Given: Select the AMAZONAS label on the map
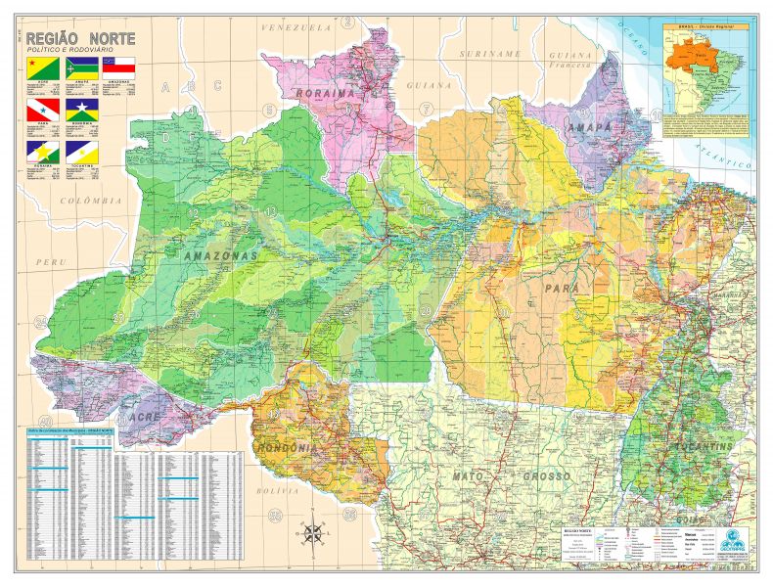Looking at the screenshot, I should (x=220, y=254).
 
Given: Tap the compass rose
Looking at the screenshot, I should (x=315, y=533).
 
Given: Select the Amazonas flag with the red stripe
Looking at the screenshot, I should (x=118, y=68).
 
